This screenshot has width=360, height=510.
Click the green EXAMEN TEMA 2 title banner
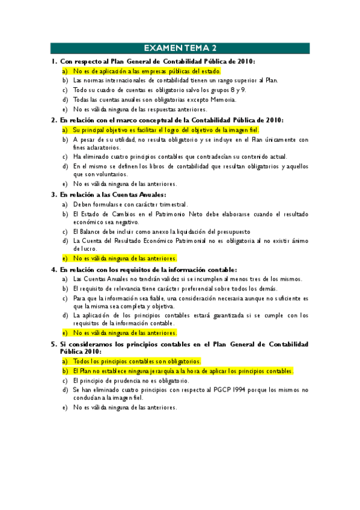180,48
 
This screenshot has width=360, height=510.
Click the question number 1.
54,61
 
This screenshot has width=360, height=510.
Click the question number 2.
54,120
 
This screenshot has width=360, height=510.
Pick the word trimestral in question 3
173,204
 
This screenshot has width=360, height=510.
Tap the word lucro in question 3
81,248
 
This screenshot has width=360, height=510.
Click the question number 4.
54,269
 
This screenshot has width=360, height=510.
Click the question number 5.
54,343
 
